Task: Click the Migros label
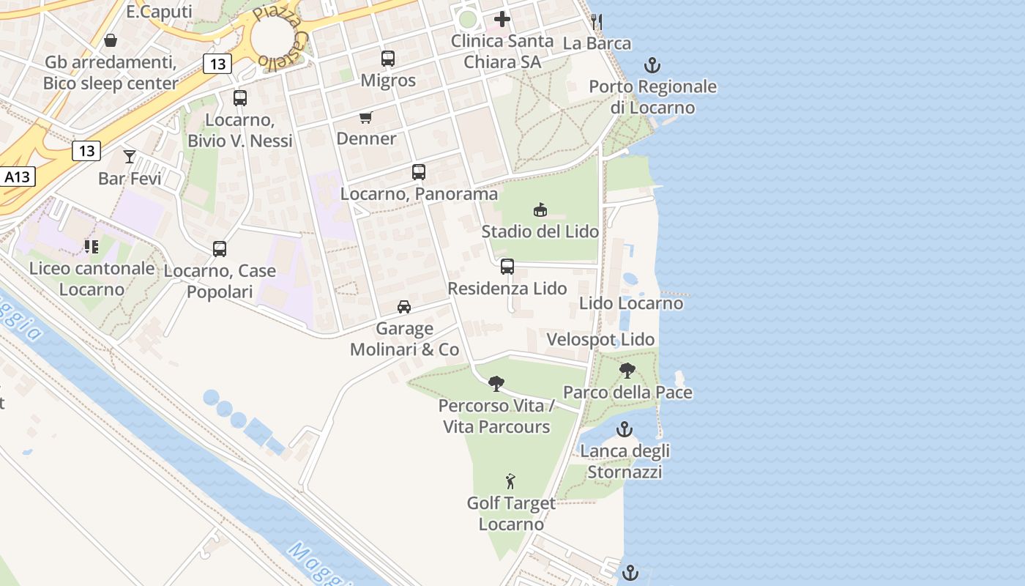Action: click(388, 80)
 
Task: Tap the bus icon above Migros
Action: click(388, 59)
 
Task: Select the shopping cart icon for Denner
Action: click(366, 117)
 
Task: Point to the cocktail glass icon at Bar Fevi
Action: click(130, 156)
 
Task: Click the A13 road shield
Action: click(17, 177)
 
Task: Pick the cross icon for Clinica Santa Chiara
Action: click(502, 19)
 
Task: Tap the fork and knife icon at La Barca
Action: click(597, 22)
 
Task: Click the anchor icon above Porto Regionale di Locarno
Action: click(652, 66)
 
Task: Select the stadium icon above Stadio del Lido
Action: click(540, 210)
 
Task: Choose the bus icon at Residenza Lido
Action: click(507, 267)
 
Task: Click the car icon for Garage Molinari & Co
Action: click(404, 307)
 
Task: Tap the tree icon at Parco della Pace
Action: click(627, 371)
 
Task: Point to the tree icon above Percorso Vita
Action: click(496, 383)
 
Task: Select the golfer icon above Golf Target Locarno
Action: click(511, 481)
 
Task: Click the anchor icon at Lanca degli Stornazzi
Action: click(625, 429)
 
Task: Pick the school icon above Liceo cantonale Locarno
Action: click(92, 247)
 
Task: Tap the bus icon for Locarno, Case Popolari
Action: click(220, 249)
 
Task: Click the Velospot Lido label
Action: click(600, 340)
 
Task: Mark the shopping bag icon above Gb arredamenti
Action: click(111, 40)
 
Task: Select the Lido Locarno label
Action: click(631, 303)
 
